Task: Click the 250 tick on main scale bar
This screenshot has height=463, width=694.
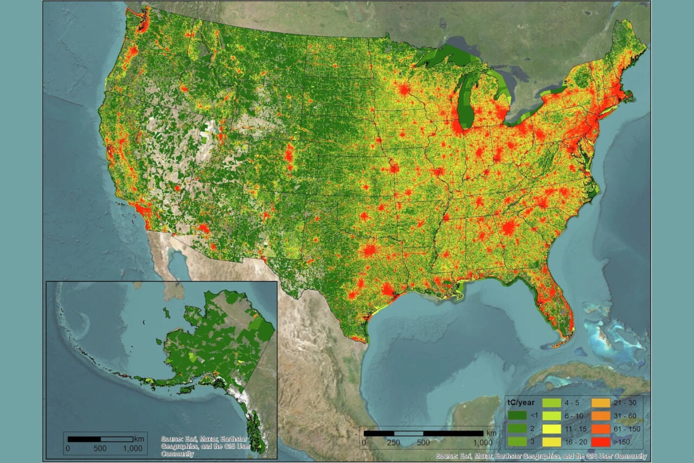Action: [394, 442]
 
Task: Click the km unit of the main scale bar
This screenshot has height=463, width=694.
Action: [491, 433]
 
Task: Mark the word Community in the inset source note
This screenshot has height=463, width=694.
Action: [177, 454]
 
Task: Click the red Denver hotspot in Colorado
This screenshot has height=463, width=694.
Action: [289, 153]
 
